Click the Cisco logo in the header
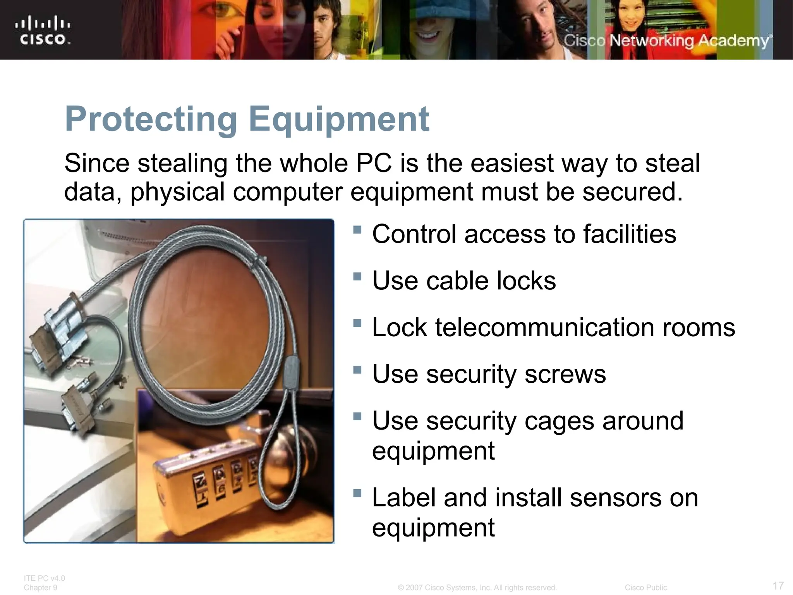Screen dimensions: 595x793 [43, 30]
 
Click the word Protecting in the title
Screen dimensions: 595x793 [151, 119]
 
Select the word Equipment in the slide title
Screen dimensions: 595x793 [339, 119]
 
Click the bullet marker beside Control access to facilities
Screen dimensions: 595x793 [357, 230]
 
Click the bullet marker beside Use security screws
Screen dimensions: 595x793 [357, 370]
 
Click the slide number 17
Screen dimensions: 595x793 [778, 585]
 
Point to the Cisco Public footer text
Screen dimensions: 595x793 [645, 588]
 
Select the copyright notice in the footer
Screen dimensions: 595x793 [477, 588]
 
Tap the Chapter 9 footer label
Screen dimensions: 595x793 [40, 588]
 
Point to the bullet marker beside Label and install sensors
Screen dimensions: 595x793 [357, 494]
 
